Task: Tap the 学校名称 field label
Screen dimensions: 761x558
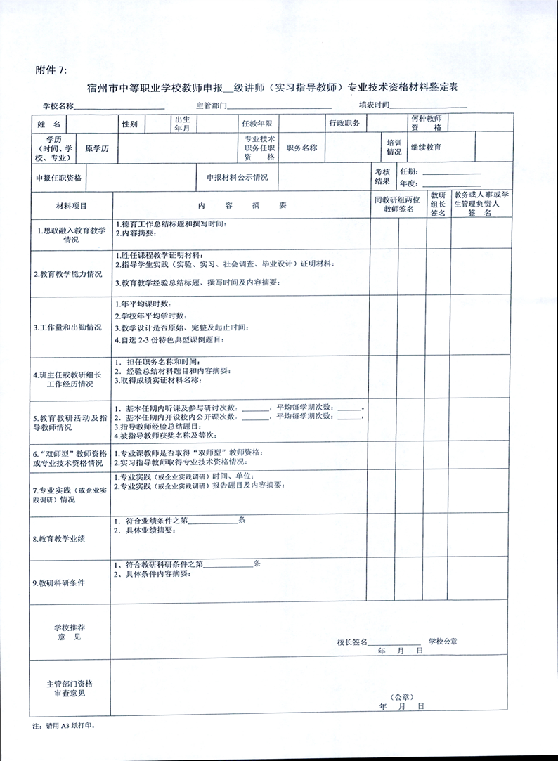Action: pos(58,105)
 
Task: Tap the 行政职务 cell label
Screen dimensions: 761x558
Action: pos(344,123)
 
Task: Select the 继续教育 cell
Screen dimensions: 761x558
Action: pos(426,148)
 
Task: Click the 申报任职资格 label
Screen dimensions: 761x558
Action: pos(58,178)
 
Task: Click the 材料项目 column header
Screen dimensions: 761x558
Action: pos(71,206)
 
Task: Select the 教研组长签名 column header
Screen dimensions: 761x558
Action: pos(438,204)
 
